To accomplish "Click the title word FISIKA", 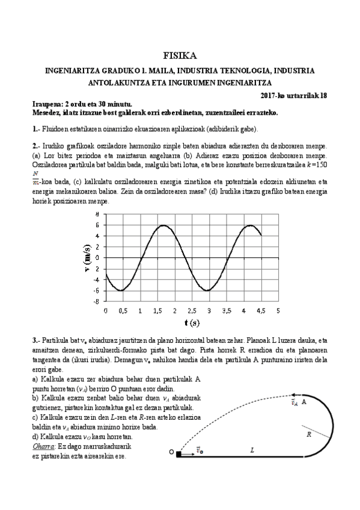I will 180,56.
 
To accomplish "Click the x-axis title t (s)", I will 192,323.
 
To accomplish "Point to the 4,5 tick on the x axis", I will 261,311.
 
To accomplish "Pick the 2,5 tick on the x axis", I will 192,311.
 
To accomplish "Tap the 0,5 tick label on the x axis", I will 123,311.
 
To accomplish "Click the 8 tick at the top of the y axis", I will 97,214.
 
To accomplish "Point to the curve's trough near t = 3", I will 209,290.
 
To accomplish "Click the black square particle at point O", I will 178,453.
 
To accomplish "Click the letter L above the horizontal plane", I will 251,449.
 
